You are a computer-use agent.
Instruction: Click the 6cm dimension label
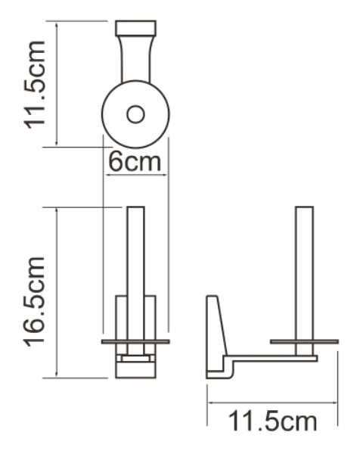coord(135,162)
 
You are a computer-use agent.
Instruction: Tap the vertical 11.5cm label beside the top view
coord(35,85)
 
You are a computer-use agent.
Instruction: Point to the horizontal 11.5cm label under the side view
coord(272,421)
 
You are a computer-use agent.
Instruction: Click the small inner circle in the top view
coord(135,114)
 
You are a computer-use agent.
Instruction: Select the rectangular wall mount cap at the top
coord(135,29)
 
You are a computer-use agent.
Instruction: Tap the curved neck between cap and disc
coord(135,59)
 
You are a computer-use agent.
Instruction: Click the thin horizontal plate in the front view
coord(135,342)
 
